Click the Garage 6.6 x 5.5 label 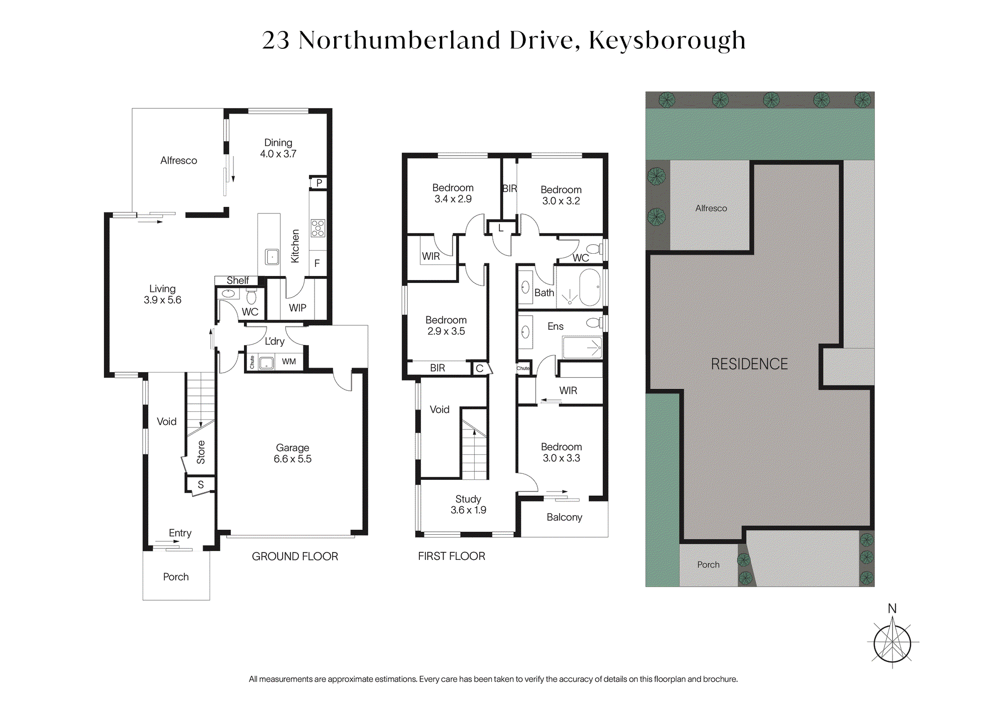[x=292, y=453]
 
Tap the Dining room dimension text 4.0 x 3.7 [x=278, y=154]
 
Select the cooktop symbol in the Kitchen [x=318, y=228]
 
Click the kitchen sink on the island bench [x=272, y=257]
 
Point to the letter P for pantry [x=319, y=183]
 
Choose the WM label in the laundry [x=289, y=362]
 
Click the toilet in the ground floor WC [x=251, y=297]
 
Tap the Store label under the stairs [x=201, y=452]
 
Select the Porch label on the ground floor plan [x=176, y=577]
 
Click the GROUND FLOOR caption [x=295, y=556]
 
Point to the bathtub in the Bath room [x=590, y=288]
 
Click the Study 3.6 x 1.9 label [x=468, y=505]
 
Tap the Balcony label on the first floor [x=564, y=517]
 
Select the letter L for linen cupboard [x=501, y=228]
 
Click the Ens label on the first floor [x=555, y=326]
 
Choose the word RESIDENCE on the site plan [x=749, y=364]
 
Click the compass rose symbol [x=893, y=643]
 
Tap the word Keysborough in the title [x=667, y=40]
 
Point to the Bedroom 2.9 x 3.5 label [x=446, y=326]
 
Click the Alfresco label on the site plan [x=711, y=208]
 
